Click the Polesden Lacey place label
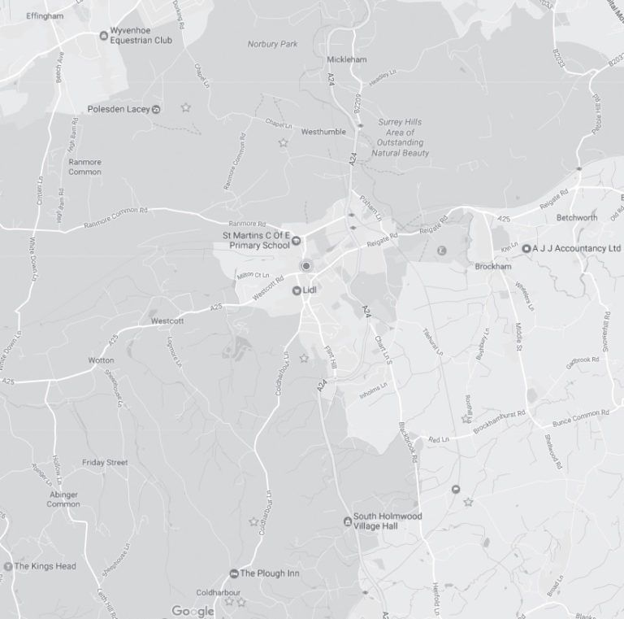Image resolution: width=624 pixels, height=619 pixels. (119, 109)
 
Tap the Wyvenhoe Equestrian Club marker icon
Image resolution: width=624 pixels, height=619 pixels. (103, 34)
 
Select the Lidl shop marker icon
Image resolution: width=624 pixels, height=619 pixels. (297, 290)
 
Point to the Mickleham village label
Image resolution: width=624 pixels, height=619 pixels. (346, 59)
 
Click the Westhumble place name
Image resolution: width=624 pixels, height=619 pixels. (323, 132)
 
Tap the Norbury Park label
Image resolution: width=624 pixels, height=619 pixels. (274, 44)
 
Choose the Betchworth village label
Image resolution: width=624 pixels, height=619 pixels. (577, 218)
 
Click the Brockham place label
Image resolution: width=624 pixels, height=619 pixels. (493, 266)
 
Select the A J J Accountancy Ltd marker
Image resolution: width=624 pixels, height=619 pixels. (526, 248)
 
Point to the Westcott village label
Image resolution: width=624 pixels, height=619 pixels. (168, 321)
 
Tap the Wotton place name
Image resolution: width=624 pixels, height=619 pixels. (101, 360)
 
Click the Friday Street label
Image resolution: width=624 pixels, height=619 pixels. (105, 462)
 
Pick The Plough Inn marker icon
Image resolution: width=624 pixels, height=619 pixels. (234, 573)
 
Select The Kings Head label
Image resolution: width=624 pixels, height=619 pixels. (45, 566)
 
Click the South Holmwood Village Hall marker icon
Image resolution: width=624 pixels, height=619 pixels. (347, 521)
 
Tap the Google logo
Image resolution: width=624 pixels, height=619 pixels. (193, 611)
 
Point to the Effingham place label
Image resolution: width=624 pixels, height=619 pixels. (45, 15)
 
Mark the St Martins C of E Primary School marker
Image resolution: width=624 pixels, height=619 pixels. (297, 239)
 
